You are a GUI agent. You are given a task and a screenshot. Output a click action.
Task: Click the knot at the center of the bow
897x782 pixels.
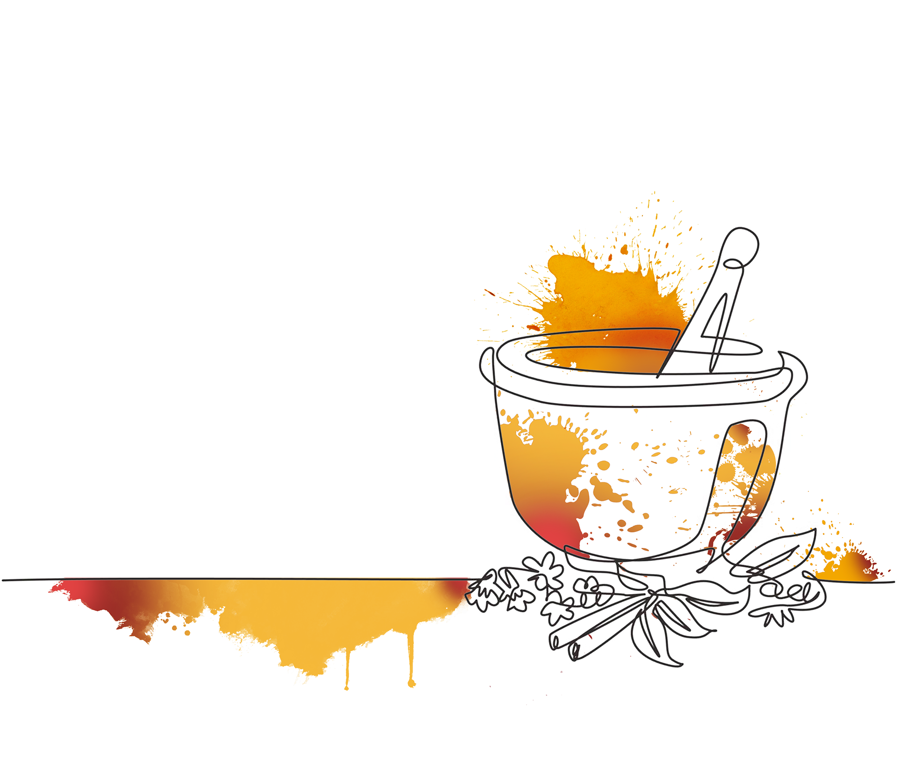coord(654,596)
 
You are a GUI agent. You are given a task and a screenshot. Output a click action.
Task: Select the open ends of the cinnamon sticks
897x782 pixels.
coord(568,643)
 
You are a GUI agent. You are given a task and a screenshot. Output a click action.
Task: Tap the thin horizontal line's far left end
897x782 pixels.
coord(4,580)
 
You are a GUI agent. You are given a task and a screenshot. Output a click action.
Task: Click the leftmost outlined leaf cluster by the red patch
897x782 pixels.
coord(481,594)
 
